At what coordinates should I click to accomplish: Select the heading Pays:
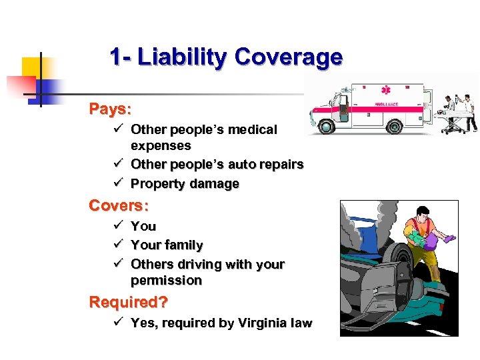point(111,108)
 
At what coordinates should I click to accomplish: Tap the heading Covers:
point(119,205)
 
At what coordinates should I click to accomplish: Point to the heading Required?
point(129,302)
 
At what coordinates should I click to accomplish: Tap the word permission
point(166,281)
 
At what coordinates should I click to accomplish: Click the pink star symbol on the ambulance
point(385,90)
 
